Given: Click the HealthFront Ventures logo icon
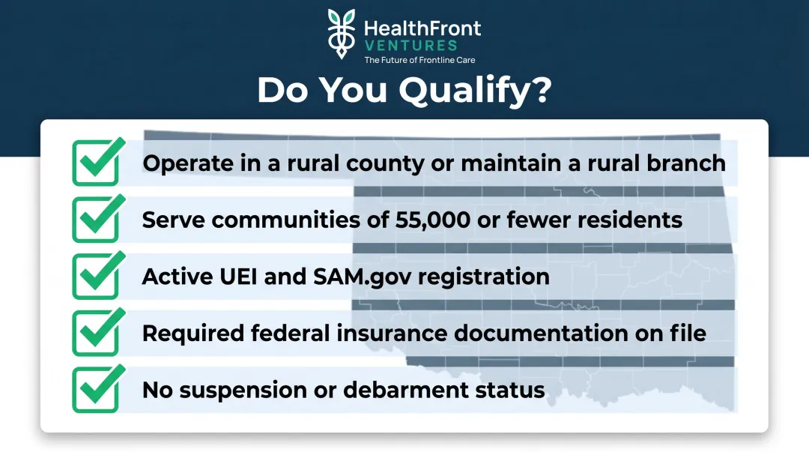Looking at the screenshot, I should point(342,34).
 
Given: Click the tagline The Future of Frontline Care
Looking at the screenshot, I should point(419,60).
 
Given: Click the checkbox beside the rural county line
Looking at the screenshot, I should point(95,163).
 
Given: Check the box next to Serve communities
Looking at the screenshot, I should point(95,220).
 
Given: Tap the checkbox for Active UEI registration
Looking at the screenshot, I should point(95,277).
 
